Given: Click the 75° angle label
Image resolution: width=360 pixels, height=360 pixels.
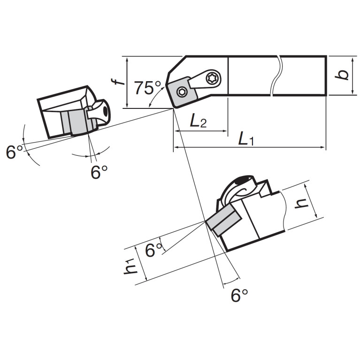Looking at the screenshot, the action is (x=148, y=88).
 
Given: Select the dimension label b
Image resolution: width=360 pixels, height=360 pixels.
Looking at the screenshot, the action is (x=342, y=75).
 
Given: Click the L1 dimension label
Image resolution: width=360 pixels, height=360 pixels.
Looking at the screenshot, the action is (x=246, y=139).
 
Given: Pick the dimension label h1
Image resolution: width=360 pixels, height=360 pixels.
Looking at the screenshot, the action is (x=130, y=266).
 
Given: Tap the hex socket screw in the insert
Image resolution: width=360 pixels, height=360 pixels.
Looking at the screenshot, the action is (x=182, y=92).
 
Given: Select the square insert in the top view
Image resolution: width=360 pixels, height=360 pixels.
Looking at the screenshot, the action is (x=182, y=92).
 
